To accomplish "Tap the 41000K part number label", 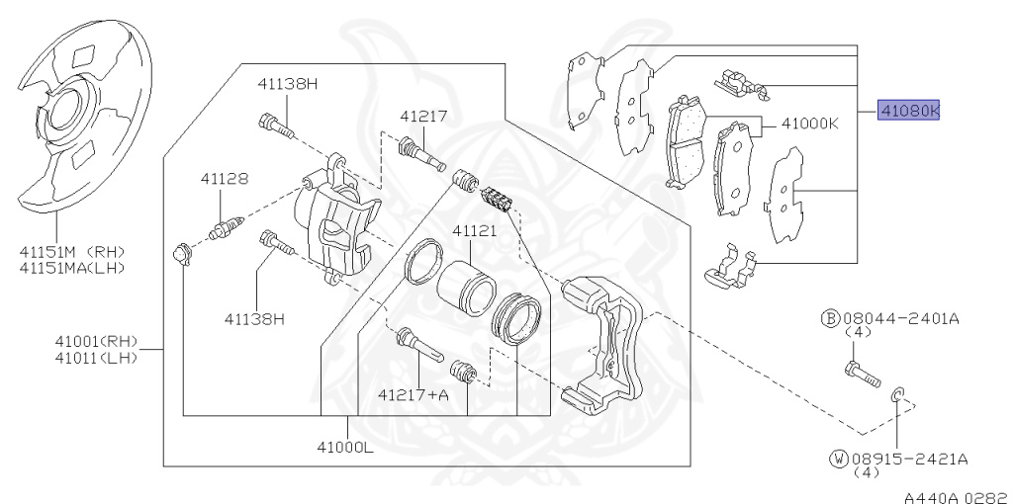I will [x=809, y=126].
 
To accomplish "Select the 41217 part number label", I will [x=423, y=116].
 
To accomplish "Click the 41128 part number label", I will [x=224, y=179].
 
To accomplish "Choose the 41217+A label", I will [x=413, y=394].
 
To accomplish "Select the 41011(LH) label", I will [x=96, y=357].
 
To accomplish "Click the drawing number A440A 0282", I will [x=957, y=491].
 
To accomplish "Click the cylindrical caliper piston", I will [x=466, y=285].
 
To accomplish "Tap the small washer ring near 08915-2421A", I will [x=896, y=396].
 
